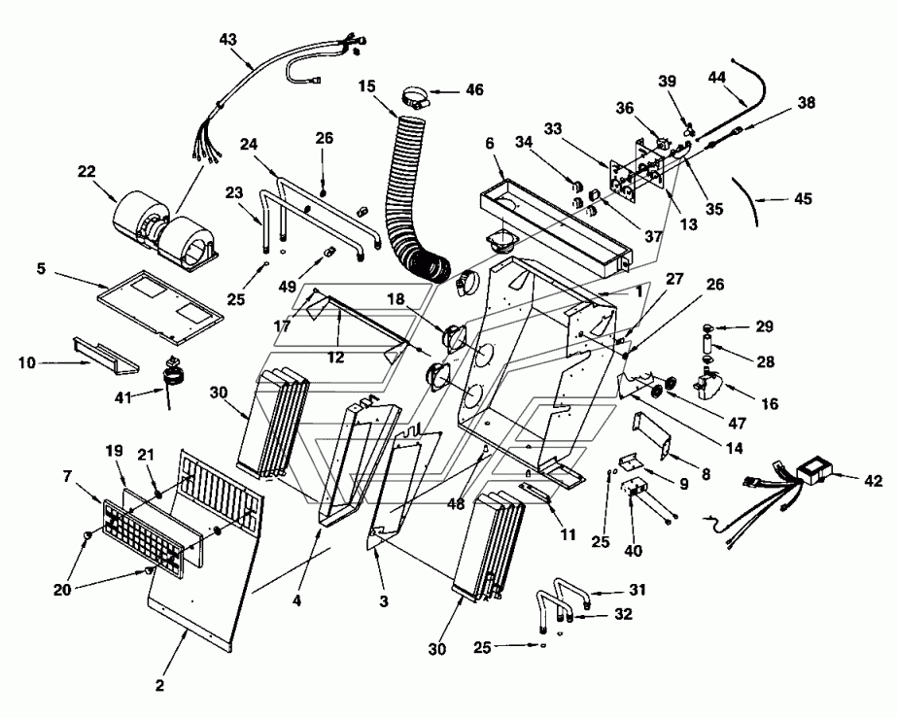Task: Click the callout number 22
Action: (x=86, y=171)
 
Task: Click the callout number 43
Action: (x=227, y=40)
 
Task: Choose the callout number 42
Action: (x=874, y=481)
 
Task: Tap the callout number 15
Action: (x=367, y=86)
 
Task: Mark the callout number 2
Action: (x=160, y=685)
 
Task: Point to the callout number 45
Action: (x=804, y=198)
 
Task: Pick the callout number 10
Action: (x=27, y=362)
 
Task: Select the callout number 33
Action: (x=553, y=129)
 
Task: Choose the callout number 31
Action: (x=638, y=590)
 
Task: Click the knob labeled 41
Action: (x=172, y=372)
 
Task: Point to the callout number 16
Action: (x=770, y=404)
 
